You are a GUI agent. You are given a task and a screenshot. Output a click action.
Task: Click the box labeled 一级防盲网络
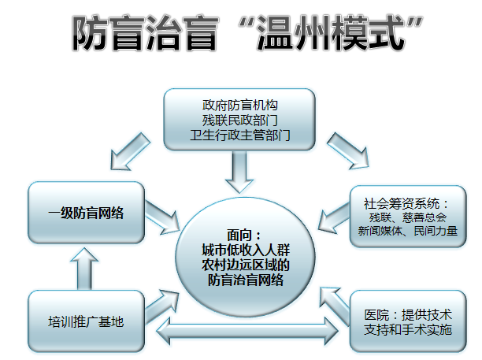[86, 213]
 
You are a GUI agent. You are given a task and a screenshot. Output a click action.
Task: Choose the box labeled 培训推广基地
[86, 321]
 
